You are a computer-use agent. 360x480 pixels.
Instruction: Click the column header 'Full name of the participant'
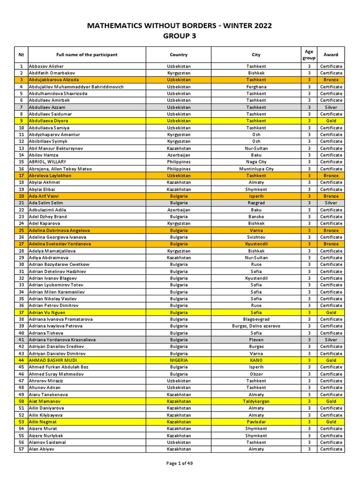pos(87,55)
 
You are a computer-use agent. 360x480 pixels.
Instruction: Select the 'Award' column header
pos(331,55)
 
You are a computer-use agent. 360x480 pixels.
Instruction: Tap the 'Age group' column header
pos(309,55)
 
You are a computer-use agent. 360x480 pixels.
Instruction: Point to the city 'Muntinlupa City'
pos(256,169)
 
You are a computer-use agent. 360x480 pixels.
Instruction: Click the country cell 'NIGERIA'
pos(179,360)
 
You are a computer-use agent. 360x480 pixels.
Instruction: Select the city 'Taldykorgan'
pos(256,401)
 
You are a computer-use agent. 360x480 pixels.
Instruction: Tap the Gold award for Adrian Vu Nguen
pos(331,312)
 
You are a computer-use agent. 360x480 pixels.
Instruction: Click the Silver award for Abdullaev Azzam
pos(331,107)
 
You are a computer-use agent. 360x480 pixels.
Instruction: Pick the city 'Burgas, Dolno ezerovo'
pos(256,326)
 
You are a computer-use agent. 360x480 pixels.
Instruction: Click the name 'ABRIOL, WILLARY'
pos(47,162)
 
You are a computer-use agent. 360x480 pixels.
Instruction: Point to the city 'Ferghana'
pos(256,87)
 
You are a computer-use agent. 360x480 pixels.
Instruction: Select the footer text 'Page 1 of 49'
pos(180,463)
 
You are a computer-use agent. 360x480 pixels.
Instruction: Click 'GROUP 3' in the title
pos(180,36)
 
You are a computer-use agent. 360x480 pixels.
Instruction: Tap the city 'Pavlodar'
pos(256,422)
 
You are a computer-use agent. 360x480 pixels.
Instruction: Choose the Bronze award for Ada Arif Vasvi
pos(331,196)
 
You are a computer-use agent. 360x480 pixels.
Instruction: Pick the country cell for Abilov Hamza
pos(179,155)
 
